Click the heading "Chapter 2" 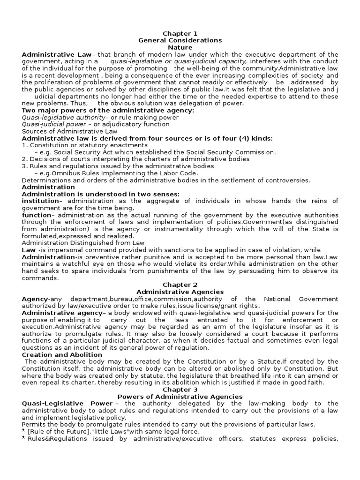(x=180, y=285)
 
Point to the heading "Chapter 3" (x=180, y=390)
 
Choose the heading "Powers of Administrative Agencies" (x=180, y=397)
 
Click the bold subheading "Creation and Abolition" (x=62, y=355)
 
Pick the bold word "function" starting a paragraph (x=36, y=215)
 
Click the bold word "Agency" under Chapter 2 (x=34, y=299)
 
